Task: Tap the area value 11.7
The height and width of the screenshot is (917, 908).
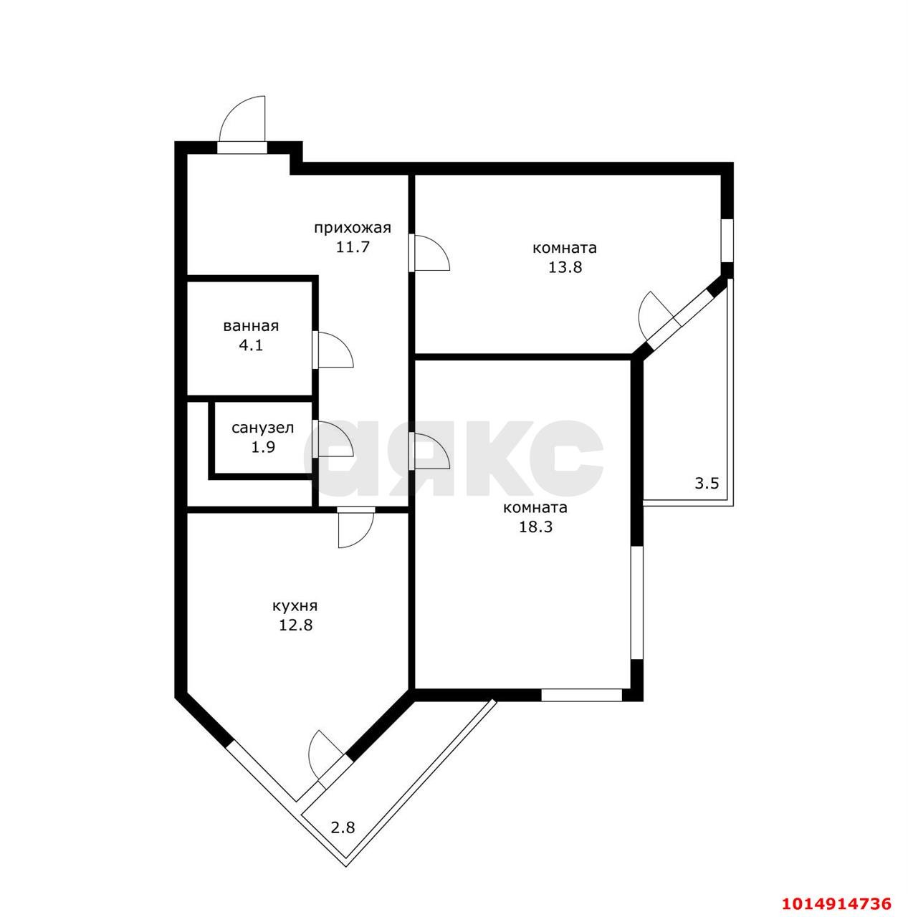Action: coord(353,247)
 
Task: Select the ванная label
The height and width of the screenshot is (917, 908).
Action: coord(251,327)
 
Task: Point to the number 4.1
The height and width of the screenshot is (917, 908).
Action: coord(251,345)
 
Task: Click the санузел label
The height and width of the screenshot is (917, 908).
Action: coord(263,428)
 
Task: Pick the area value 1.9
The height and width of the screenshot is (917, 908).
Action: coord(263,447)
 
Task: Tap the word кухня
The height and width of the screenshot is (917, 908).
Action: coord(295,606)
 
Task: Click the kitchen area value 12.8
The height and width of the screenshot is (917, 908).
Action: coord(296,625)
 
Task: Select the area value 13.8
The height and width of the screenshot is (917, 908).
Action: coord(565,267)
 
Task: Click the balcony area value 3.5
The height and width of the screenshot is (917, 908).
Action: coord(707,484)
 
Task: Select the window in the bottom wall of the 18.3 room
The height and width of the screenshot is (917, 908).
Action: coord(581,695)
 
